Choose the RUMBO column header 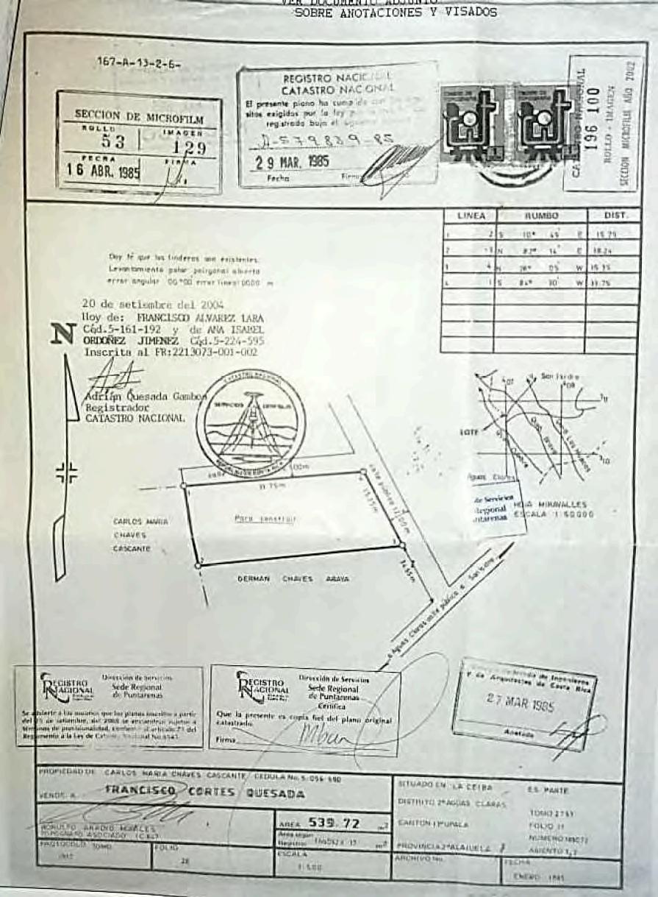[x=542, y=216]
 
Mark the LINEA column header [x=471, y=216]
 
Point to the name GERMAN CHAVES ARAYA [x=293, y=579]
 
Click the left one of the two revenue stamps [x=473, y=122]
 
